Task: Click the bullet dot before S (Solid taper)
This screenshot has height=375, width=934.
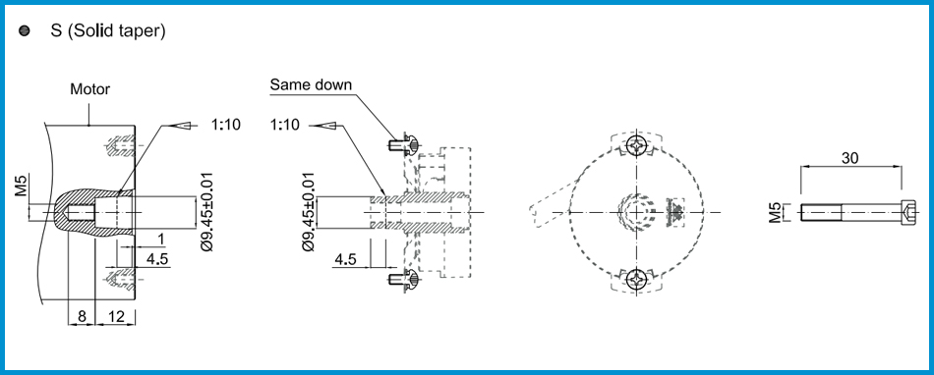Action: click(x=25, y=31)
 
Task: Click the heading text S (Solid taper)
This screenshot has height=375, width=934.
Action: click(x=108, y=31)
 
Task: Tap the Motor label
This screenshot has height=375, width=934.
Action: click(x=89, y=89)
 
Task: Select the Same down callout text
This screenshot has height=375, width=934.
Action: click(x=311, y=85)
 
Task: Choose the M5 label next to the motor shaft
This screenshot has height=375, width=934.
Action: click(x=22, y=186)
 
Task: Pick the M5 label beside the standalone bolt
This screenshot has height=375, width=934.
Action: click(x=775, y=211)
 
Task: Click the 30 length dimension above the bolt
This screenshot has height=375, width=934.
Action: click(x=851, y=157)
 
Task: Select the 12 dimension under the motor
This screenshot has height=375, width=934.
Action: click(x=116, y=317)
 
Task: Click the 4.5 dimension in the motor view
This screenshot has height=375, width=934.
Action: click(x=157, y=259)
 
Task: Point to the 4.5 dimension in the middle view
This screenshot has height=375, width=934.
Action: click(x=345, y=259)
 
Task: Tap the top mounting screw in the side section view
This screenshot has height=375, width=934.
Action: click(x=401, y=145)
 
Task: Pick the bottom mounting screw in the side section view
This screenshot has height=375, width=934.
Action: click(x=401, y=282)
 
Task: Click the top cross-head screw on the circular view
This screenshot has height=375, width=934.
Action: click(x=640, y=146)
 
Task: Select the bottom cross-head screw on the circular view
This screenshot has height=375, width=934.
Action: click(x=640, y=280)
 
